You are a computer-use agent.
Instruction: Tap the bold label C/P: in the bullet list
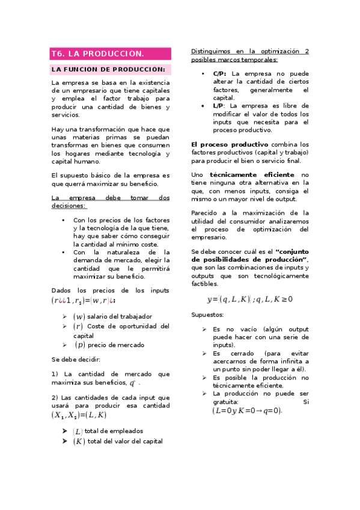coord(220,73)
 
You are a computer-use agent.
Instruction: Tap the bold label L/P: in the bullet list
coord(219,106)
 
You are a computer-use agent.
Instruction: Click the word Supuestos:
coord(207,315)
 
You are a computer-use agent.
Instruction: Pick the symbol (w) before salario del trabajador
coord(79,316)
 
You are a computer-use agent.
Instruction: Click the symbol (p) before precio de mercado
coord(80,345)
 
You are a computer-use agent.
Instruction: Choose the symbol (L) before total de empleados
coord(78,431)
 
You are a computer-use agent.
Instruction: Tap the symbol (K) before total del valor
coord(79,441)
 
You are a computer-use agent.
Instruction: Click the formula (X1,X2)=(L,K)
coord(79,414)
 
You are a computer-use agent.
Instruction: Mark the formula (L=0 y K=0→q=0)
coord(247,411)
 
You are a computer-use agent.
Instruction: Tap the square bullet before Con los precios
coord(64,220)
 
